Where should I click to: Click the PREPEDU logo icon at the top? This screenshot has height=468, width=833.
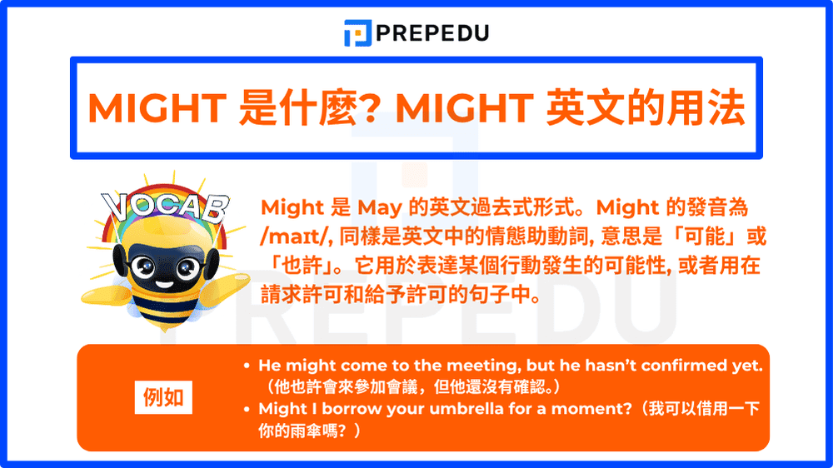[357, 33]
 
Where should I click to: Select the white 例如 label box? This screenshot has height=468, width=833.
[163, 397]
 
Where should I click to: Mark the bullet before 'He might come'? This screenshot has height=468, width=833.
[247, 366]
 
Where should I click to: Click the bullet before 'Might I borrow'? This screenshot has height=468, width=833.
[247, 409]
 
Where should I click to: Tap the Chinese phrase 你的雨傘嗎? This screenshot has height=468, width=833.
[300, 431]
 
